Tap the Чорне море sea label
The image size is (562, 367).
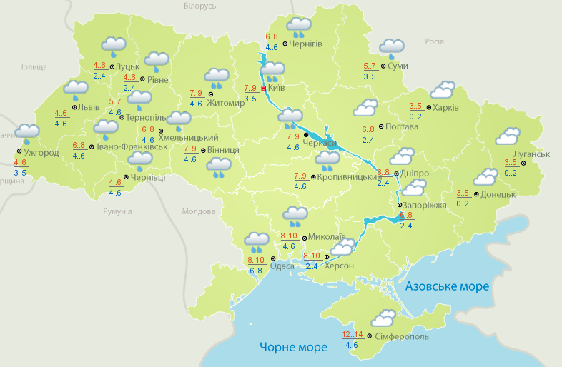click(x=293, y=347)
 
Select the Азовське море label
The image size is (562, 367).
click(x=447, y=286)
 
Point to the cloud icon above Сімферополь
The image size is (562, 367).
click(x=383, y=318)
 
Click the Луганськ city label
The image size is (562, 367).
click(x=531, y=154)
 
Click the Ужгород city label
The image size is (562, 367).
click(x=41, y=153)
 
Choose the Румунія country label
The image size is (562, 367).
click(x=117, y=211)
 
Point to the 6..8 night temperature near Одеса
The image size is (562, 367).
click(x=255, y=271)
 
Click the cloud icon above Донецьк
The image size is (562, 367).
click(x=485, y=177)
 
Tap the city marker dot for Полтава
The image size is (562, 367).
click(x=380, y=126)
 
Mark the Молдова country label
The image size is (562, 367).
click(x=198, y=211)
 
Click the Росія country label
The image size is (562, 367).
click(x=435, y=41)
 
